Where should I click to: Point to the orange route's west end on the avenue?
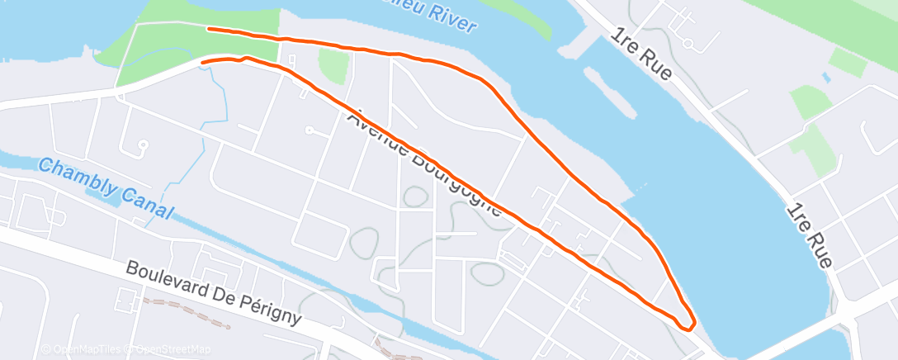pos(203,62)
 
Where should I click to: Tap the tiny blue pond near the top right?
pos(825,78)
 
